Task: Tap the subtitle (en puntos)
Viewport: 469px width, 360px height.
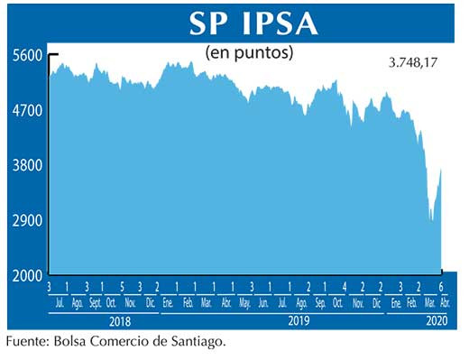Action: click(x=250, y=52)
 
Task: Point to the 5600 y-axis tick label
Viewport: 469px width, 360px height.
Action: click(x=27, y=55)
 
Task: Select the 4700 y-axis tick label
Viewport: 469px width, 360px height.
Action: click(x=27, y=110)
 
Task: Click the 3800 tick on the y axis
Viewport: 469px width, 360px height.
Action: click(x=27, y=165)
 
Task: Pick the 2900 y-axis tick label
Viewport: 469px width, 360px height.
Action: click(x=27, y=220)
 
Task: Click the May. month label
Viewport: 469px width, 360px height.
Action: click(x=244, y=304)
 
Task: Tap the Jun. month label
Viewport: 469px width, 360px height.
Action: click(x=263, y=304)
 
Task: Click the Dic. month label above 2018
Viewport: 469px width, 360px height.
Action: click(x=151, y=304)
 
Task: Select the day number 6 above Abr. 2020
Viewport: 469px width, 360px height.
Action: click(x=442, y=287)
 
